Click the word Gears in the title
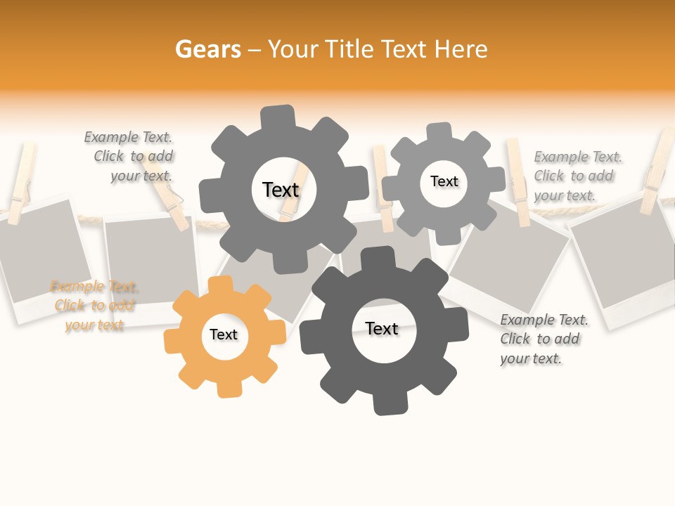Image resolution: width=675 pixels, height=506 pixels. click(x=207, y=49)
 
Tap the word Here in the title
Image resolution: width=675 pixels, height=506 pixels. click(x=461, y=49)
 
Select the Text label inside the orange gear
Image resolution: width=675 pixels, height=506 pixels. click(x=224, y=335)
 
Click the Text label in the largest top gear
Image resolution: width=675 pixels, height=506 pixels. click(x=281, y=190)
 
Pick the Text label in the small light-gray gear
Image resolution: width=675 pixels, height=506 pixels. click(x=444, y=181)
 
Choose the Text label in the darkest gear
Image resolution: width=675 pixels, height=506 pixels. click(x=382, y=329)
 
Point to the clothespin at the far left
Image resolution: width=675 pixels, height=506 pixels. click(x=22, y=179)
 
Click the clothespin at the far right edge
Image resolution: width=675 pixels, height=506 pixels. click(x=658, y=172)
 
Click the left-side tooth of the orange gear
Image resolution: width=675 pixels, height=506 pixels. click(x=173, y=342)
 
